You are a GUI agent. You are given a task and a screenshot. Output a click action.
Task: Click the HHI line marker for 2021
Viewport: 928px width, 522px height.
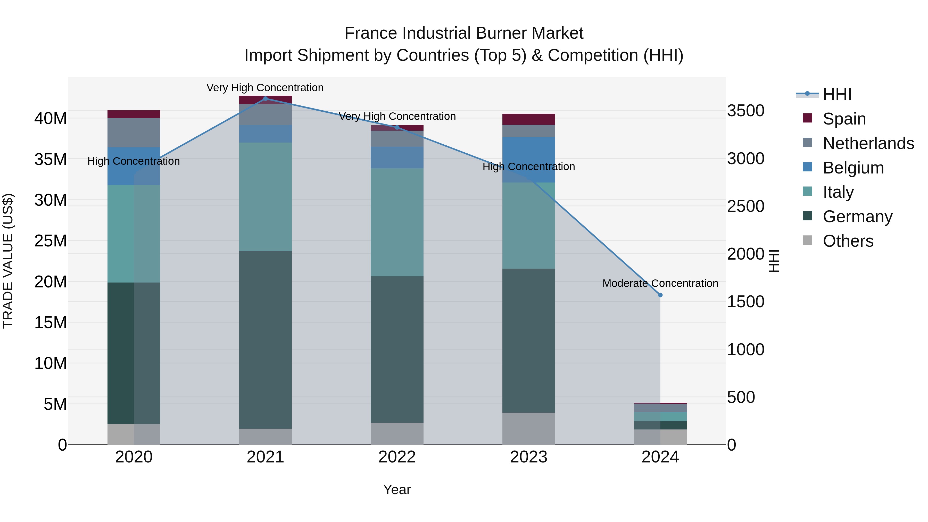266,98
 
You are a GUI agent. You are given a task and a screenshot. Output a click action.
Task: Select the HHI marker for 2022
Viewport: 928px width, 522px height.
397,127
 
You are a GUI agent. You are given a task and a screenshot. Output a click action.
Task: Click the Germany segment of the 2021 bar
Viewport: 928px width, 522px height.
266,340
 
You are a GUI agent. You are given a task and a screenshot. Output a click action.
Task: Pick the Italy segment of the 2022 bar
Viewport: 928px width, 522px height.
397,222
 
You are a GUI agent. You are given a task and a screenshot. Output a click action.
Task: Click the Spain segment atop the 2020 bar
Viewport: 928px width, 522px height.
134,114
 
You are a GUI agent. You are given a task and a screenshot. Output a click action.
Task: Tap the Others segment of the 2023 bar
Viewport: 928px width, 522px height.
528,428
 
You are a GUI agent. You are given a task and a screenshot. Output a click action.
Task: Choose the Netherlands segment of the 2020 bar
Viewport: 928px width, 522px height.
134,132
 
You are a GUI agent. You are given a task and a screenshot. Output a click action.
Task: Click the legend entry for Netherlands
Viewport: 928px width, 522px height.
868,143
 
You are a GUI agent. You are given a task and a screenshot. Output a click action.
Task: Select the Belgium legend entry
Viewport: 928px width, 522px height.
853,168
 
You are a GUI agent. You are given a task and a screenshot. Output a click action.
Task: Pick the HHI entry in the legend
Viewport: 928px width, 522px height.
836,94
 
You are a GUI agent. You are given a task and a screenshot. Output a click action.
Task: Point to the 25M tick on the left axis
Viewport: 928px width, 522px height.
51,241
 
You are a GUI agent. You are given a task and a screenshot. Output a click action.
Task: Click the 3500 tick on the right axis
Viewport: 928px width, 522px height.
745,111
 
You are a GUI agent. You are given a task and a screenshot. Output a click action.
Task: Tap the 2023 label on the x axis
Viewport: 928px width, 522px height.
528,457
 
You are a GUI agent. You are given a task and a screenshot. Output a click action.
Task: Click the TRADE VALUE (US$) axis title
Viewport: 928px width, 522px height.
8,261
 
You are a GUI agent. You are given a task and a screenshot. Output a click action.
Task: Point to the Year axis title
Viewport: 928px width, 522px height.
397,490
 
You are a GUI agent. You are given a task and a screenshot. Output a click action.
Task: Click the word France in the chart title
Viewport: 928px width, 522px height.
371,33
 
